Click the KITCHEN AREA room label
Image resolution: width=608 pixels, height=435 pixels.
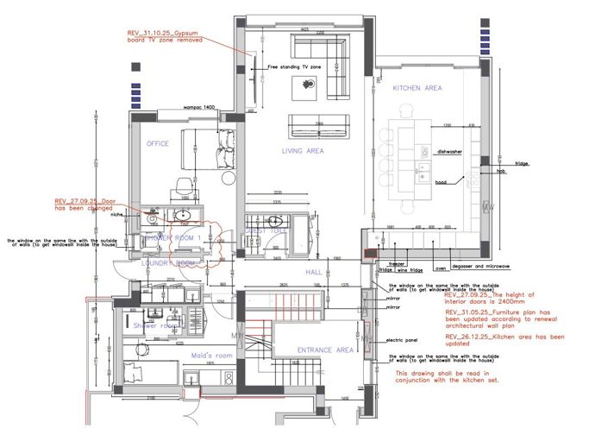tap(417, 89)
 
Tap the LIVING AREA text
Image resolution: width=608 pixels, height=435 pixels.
tap(302, 151)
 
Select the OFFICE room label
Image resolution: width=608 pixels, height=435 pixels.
tap(157, 143)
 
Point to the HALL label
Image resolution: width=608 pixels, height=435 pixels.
tap(313, 272)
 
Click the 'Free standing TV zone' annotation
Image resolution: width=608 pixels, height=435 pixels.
tap(294, 66)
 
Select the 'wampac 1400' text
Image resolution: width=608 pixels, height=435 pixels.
tap(198, 107)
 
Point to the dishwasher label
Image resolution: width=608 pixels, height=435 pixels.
tap(449, 151)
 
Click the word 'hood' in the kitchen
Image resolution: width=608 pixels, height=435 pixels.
tap(440, 182)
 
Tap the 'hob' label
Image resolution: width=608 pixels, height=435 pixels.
tap(500, 171)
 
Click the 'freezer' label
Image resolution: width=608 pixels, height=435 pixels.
tap(396, 263)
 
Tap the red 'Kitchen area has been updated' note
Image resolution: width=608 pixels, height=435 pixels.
tap(505, 340)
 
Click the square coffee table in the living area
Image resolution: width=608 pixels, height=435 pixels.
tap(309, 85)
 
